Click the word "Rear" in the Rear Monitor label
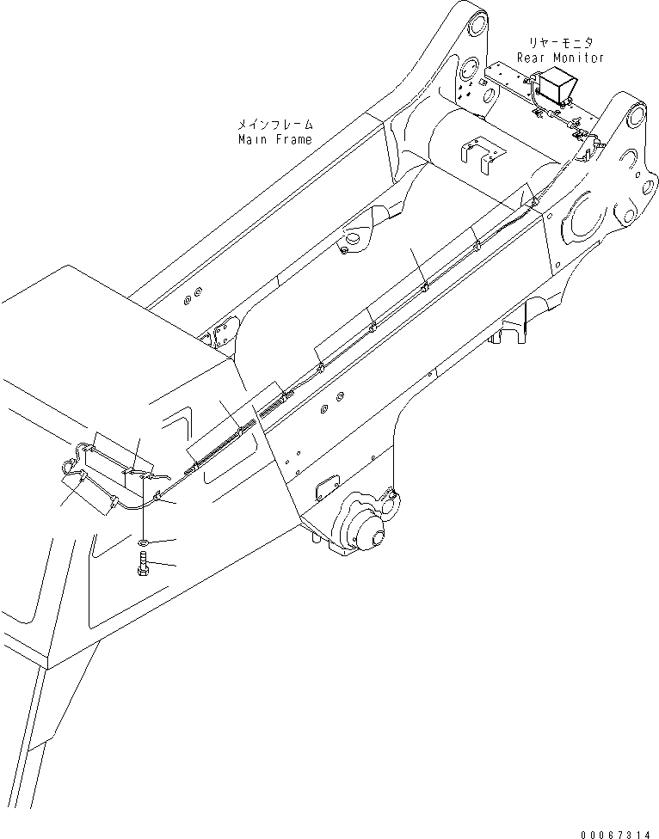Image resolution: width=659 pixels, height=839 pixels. pos(532,58)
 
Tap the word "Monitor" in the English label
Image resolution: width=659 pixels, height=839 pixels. pos(577,58)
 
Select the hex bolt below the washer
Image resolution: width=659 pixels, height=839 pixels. pos(143,566)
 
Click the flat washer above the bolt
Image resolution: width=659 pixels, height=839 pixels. pos(143,543)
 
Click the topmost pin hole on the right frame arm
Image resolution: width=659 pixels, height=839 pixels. pos(636,115)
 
